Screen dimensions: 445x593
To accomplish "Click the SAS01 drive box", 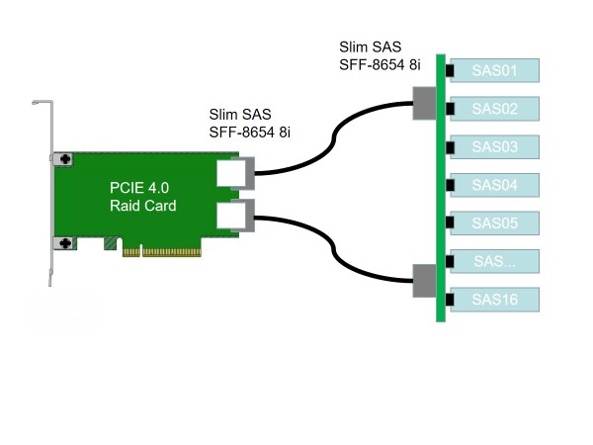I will point(495,70).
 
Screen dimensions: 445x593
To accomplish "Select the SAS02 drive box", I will point(495,109).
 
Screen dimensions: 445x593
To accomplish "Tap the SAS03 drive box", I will point(495,147).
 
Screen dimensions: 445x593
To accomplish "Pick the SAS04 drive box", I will point(495,185).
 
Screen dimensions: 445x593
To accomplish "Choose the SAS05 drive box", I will point(495,223).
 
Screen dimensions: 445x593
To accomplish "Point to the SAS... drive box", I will point(495,261).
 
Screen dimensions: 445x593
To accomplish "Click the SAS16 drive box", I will point(495,299).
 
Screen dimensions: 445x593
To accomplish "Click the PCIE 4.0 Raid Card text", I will point(142,196).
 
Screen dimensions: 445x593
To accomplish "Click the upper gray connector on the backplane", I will point(424,103).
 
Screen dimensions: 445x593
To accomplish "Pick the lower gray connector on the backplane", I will point(424,281).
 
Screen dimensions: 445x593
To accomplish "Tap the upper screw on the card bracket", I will point(66,159).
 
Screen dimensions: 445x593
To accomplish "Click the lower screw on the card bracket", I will point(66,242).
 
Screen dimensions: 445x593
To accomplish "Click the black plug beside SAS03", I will point(450,147).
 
